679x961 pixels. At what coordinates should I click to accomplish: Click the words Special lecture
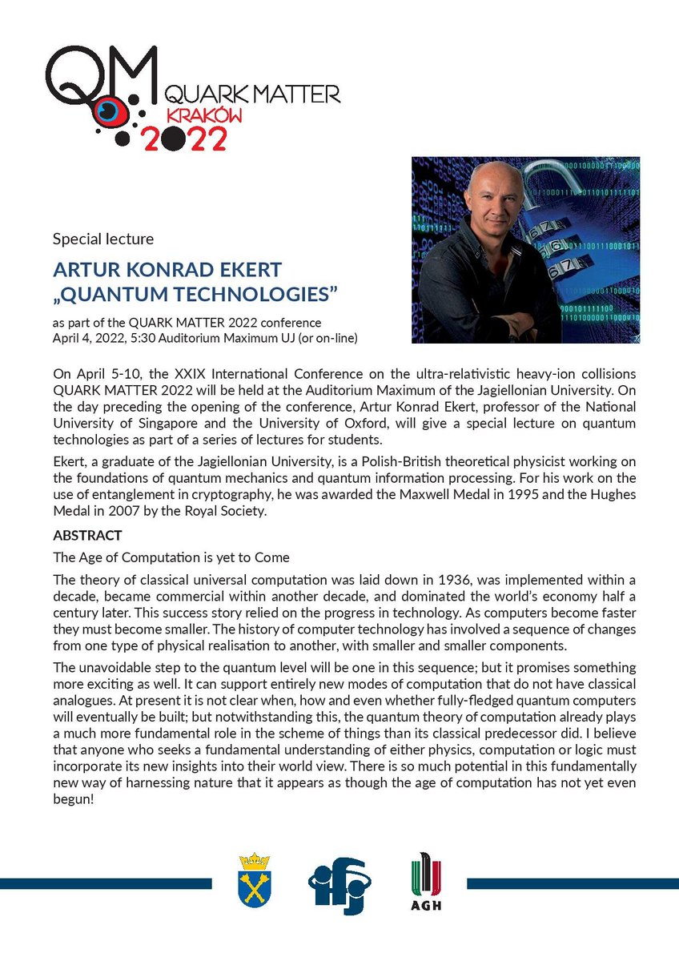(x=102, y=239)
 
